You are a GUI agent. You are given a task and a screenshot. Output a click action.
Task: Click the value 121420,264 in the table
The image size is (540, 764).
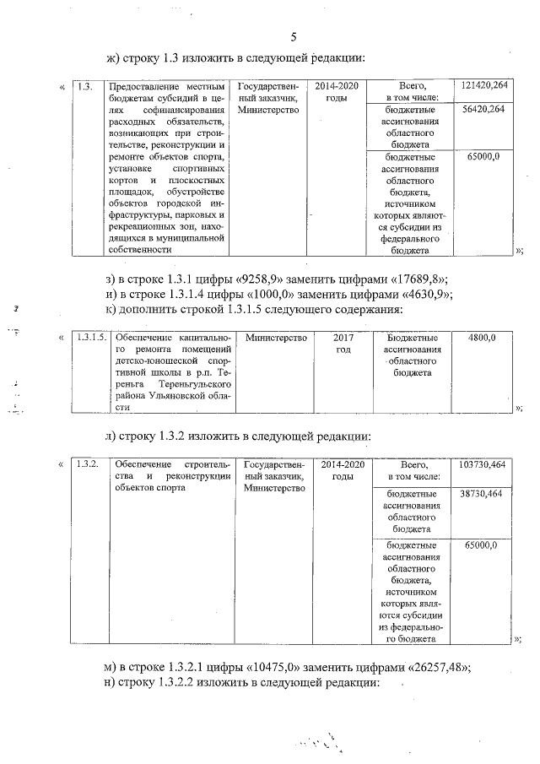[484, 86]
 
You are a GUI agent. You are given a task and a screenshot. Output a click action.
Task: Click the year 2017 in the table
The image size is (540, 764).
[343, 338]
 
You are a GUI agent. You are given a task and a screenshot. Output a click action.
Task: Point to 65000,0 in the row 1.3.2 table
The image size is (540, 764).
[482, 546]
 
